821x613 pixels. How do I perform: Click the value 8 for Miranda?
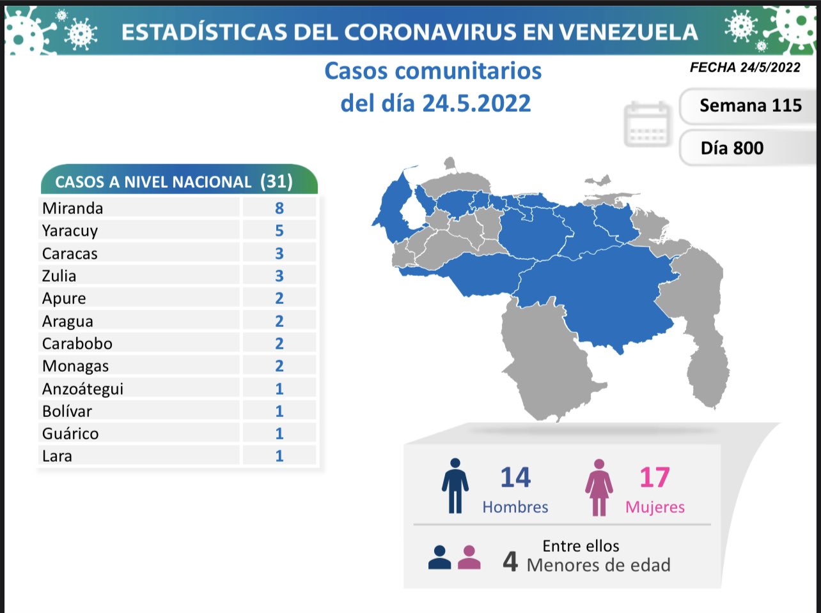pos(279,208)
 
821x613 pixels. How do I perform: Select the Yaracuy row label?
pos(70,231)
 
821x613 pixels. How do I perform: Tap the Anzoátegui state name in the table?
pos(82,389)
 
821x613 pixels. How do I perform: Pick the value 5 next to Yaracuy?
pos(279,231)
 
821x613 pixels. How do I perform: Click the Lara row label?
pos(57,456)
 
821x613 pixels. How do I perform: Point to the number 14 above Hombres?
pos(515,478)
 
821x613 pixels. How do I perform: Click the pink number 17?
pos(654,478)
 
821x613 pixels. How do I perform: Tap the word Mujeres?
pos(655,507)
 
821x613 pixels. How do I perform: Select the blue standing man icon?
pos(455,486)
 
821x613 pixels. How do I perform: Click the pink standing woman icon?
pos(598,487)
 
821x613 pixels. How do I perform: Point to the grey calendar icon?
pos(647,125)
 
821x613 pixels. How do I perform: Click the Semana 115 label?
pos(750,105)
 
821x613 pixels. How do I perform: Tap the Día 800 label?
pos(731,148)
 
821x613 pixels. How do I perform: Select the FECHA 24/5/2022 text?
pos(745,67)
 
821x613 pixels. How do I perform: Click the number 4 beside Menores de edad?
pos(510,561)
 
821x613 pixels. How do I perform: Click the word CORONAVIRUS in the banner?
pos(428,32)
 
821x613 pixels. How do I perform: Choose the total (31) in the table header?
pos(276,181)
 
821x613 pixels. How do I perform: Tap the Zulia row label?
pos(59,276)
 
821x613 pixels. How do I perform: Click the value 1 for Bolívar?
pos(279,411)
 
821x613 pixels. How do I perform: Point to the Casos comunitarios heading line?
pos(433,71)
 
